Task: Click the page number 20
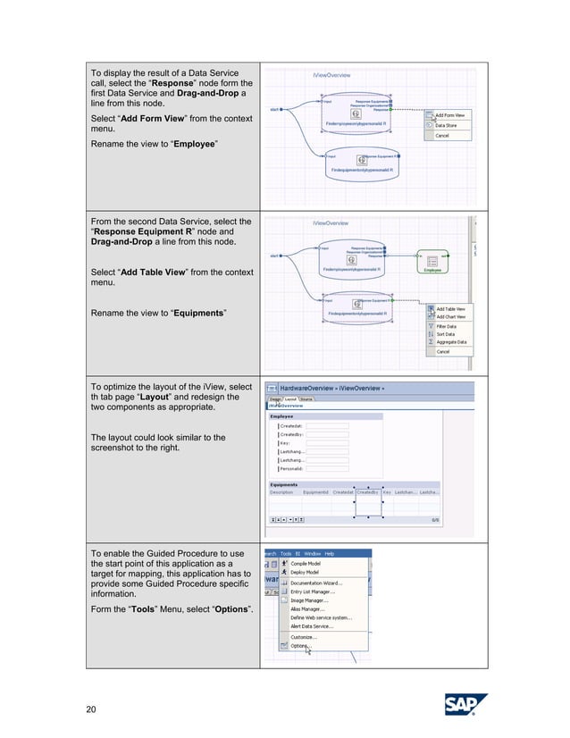click(x=91, y=709)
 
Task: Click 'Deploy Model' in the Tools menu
click(x=306, y=572)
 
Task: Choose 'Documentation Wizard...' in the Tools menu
click(x=318, y=583)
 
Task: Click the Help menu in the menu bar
click(x=330, y=553)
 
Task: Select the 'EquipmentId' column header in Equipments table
click(x=315, y=491)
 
